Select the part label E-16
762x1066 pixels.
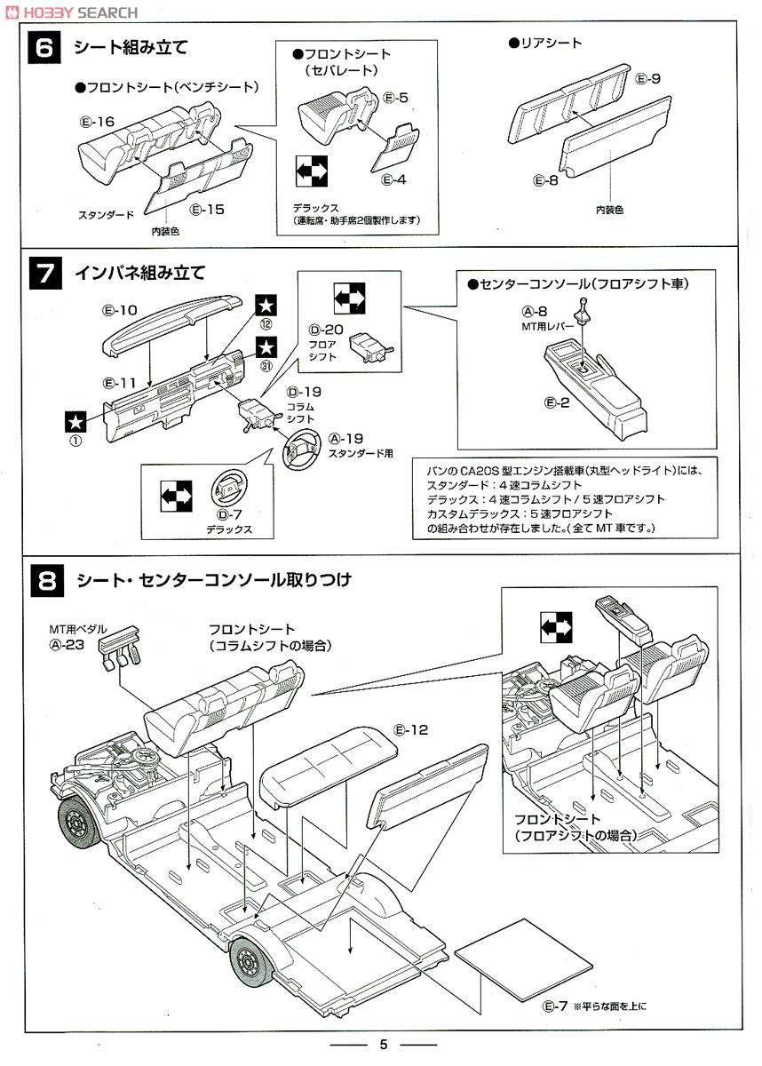(97, 122)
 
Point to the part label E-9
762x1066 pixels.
(648, 79)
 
